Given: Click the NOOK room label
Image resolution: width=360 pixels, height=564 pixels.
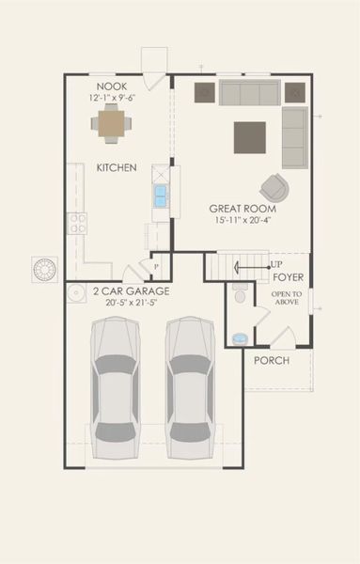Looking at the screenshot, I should coord(112,86).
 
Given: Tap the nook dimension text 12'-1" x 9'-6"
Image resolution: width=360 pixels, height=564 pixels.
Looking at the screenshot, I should coord(113,97).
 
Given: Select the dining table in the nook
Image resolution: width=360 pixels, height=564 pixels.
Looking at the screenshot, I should coord(112,122).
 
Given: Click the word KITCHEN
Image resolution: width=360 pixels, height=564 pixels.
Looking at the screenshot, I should coord(117,168).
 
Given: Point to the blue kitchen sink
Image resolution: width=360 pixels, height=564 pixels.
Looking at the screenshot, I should coord(161,196).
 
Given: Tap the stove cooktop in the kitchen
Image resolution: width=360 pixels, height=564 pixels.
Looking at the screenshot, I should coord(77,223).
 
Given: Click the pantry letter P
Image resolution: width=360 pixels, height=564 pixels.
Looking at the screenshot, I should coord(157,265).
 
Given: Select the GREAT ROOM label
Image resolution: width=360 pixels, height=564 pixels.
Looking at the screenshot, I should coord(242,208).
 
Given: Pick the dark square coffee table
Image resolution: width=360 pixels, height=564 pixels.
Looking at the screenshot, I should coord(249,137).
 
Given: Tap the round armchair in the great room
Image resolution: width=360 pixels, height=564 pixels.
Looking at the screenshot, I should coord(274,186).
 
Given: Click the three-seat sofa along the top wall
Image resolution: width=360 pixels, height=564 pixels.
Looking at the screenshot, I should coord(249,92).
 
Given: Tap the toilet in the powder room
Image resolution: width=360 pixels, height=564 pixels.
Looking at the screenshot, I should coord(240,296).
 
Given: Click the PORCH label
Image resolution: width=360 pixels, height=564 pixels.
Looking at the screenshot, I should coord(272,361).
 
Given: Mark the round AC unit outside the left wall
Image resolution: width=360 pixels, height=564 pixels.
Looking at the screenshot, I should coord(45,269).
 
